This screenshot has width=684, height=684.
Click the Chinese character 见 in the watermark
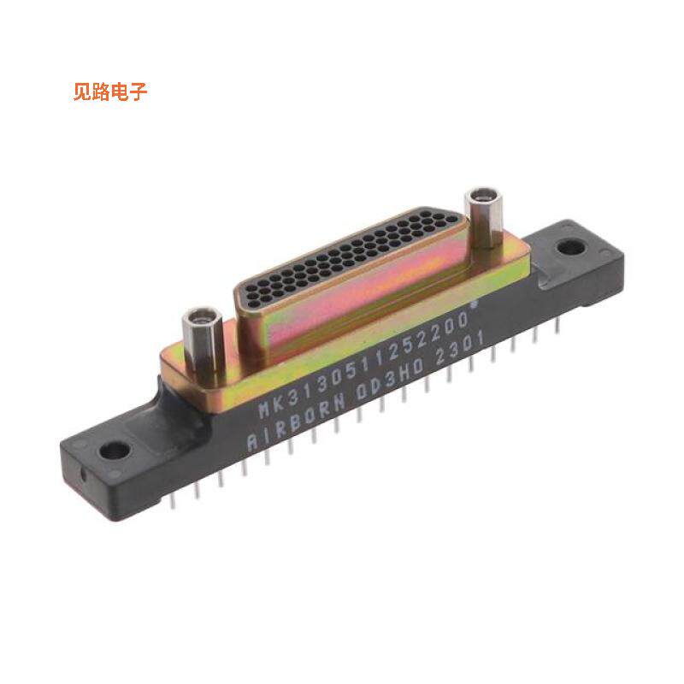click(x=83, y=92)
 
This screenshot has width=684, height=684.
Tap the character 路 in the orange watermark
click(x=102, y=92)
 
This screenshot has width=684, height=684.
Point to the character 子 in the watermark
click(x=139, y=92)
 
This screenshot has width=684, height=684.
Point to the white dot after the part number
click(x=475, y=304)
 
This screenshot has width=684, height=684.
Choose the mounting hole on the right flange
click(x=569, y=248)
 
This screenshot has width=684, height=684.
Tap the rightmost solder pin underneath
click(x=556, y=329)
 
